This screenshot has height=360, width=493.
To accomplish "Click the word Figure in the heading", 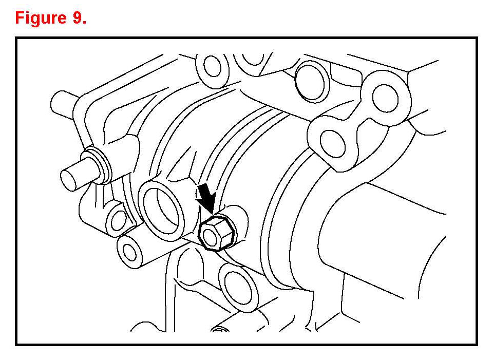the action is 40,18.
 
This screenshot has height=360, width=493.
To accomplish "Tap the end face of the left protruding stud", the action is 69,180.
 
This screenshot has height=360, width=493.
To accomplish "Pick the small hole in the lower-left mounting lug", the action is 118,220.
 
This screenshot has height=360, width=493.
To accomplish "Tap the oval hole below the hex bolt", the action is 239,288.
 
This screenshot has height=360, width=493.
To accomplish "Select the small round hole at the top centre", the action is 213,66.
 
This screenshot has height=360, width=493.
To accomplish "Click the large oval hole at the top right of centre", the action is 313,82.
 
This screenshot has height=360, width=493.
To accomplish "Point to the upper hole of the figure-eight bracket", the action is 386,98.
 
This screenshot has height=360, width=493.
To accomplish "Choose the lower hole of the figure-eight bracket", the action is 333,143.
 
